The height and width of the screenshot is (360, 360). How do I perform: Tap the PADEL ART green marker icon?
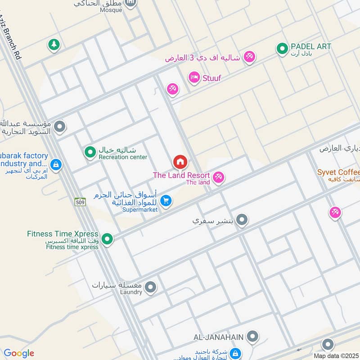(x=282, y=48)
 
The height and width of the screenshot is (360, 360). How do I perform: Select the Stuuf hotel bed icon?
(x=194, y=78)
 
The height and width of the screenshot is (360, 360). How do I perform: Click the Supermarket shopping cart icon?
(x=166, y=201)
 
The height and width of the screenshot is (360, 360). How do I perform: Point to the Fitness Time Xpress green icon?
(x=107, y=239)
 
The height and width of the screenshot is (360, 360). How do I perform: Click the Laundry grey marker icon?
(x=150, y=287)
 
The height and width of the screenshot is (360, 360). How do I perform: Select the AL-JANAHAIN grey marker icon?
(x=253, y=336)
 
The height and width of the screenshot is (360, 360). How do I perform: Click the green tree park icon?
(x=54, y=45)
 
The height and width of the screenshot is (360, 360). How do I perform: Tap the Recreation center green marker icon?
(x=90, y=152)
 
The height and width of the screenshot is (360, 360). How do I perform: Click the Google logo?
(x=18, y=353)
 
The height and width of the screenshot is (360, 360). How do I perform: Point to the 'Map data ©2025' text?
(x=336, y=355)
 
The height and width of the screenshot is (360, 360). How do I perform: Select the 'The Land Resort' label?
(x=181, y=175)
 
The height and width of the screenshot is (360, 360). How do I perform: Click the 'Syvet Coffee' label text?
(x=338, y=172)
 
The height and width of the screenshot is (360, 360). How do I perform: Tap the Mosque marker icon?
(x=131, y=4)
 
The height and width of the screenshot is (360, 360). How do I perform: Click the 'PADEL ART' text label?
(x=311, y=46)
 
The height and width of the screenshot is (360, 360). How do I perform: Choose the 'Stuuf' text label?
(x=212, y=78)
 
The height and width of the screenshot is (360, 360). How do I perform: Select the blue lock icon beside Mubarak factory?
(x=56, y=165)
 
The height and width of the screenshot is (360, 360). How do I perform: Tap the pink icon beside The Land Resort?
(x=219, y=178)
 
